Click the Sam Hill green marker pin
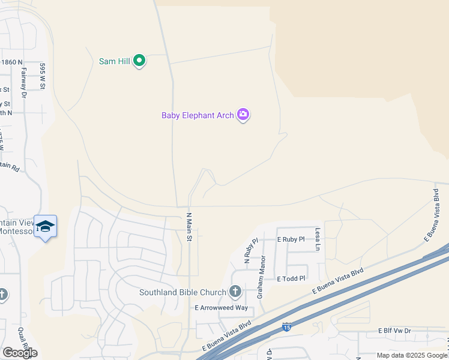139,61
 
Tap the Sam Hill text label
115,61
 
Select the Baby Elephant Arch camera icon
243,115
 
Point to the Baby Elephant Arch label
197,115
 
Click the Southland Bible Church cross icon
235,292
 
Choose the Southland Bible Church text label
182,293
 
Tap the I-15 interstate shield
287,328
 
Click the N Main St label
188,227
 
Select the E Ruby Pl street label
291,239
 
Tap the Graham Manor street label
261,277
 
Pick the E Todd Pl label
291,279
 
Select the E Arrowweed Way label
221,308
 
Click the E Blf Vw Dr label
394,331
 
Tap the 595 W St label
43,76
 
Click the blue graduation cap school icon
45,226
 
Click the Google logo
20,353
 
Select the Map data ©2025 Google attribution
412,355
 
